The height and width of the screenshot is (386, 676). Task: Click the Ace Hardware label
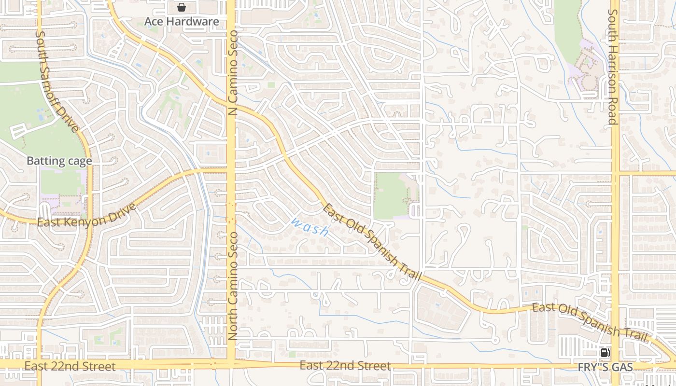182,22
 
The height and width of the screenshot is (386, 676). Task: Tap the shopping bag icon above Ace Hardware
182,7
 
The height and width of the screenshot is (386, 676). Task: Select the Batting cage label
59,161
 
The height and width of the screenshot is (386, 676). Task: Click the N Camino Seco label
233,72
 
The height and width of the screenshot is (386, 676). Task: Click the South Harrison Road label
613,67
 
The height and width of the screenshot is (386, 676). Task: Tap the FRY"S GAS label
605,368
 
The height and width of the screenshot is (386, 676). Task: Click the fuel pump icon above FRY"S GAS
605,353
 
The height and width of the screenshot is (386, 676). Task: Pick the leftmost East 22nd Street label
70,366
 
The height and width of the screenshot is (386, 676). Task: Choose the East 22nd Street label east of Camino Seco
345,365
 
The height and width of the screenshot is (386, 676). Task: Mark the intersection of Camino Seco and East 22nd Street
231,363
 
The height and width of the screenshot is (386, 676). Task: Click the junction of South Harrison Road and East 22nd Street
616,365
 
